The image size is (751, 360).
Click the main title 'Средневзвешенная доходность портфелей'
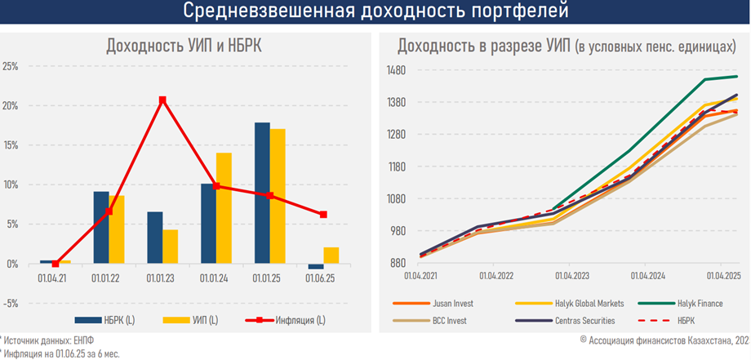click(375, 11)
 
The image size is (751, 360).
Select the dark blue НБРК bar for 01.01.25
click(262, 193)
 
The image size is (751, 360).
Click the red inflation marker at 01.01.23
click(162, 100)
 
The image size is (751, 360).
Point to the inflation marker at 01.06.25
click(324, 215)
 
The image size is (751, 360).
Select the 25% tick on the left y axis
click(11, 67)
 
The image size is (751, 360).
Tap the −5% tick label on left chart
click(11, 303)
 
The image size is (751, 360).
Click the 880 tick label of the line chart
click(398, 263)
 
